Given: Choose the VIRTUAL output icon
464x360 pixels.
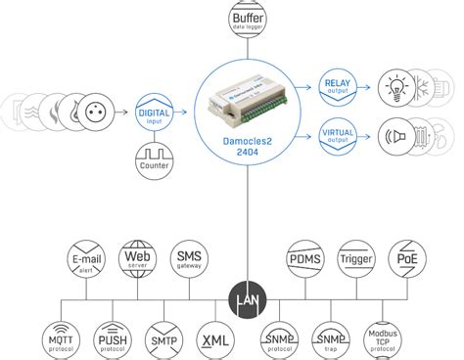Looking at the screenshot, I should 338,134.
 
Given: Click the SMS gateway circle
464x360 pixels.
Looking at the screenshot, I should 188,257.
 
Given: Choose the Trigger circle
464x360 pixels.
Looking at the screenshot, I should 354,257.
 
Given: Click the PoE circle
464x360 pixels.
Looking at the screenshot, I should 405,257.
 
